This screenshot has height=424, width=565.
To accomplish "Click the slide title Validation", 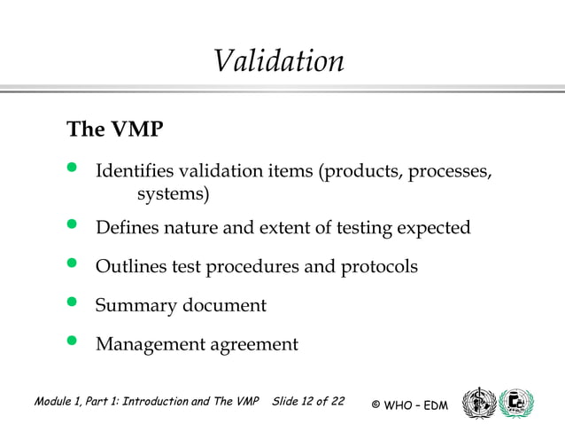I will [278, 61].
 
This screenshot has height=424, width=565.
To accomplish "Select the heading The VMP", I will [115, 130].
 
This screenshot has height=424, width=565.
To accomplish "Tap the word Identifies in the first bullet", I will [136, 170].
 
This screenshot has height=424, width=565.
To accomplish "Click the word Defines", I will [128, 228].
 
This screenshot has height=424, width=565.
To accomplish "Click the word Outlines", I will [134, 266].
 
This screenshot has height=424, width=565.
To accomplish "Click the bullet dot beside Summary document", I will [74, 304].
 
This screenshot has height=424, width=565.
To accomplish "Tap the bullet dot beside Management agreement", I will [74, 343].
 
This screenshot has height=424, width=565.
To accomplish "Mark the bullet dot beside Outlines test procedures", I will [74, 265].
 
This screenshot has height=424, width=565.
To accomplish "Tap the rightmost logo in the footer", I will [517, 402].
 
